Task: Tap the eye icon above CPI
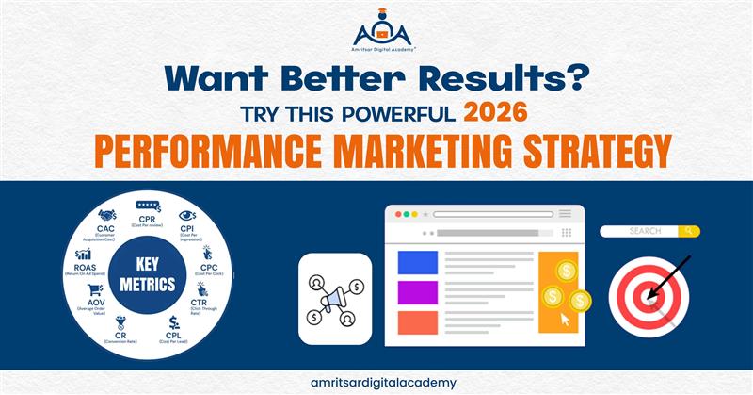point(186,215)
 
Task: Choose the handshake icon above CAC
point(107,216)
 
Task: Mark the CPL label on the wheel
point(174,334)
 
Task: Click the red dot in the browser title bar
point(398,215)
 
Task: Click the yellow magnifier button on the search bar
point(691,231)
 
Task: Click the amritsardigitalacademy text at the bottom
point(376,382)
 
